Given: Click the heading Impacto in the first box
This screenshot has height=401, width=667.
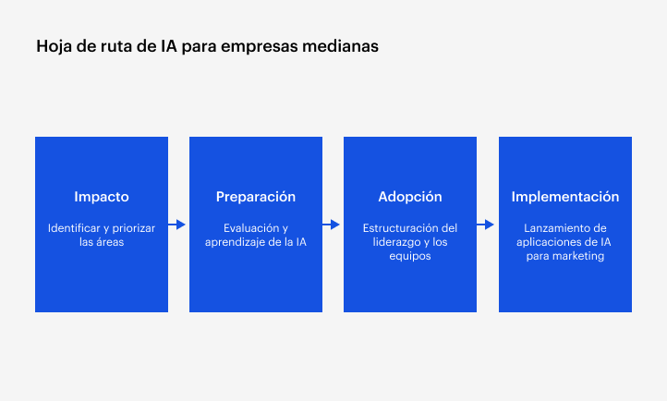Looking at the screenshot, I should [x=102, y=197].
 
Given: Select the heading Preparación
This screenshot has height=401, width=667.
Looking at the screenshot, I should [x=256, y=197].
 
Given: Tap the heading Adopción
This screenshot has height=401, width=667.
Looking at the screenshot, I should [x=410, y=197].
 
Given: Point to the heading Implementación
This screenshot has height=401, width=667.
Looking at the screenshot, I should [x=564, y=197].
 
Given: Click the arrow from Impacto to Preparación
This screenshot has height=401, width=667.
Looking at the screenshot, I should [x=178, y=225].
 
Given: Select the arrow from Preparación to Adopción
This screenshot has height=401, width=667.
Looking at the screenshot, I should [x=333, y=225].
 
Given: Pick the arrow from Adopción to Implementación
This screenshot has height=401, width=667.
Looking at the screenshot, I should [x=487, y=225].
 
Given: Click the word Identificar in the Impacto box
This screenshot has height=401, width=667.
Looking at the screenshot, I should [x=73, y=227].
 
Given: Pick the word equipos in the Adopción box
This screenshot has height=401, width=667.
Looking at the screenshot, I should [x=410, y=257].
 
